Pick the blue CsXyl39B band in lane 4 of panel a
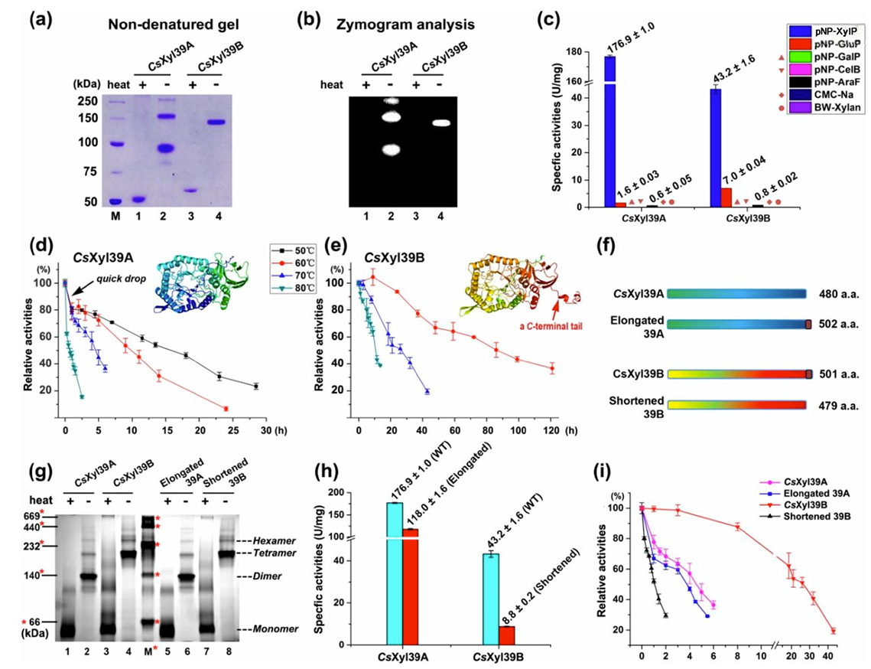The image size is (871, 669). point(217,122)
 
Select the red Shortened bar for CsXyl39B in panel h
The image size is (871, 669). point(505,637)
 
